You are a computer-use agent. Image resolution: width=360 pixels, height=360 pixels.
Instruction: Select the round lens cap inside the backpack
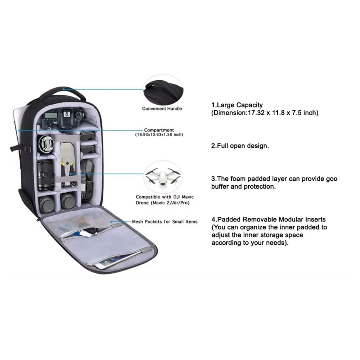[x=46, y=144]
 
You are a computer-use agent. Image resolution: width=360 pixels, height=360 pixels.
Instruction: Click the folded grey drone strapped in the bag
[x=67, y=160]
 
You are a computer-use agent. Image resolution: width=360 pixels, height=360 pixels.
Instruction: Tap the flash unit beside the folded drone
[x=87, y=180]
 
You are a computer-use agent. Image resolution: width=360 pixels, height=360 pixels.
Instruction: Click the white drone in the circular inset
[x=163, y=175]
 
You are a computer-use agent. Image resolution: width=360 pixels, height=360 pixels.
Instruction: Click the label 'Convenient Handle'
[x=162, y=108]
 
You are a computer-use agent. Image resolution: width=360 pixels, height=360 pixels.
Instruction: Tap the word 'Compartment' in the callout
[x=159, y=130]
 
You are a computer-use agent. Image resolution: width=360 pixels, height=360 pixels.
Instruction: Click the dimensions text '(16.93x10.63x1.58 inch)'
[x=159, y=135]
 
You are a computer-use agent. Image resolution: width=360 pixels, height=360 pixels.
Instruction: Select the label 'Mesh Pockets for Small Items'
[x=165, y=222]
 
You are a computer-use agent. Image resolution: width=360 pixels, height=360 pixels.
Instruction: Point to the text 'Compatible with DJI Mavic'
[x=162, y=197]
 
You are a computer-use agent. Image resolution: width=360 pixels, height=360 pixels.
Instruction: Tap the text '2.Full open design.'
[x=240, y=146]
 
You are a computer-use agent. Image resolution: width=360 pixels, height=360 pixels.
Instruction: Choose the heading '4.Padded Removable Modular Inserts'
[x=268, y=219]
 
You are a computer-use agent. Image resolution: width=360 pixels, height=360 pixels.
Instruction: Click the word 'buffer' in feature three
[x=220, y=187]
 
